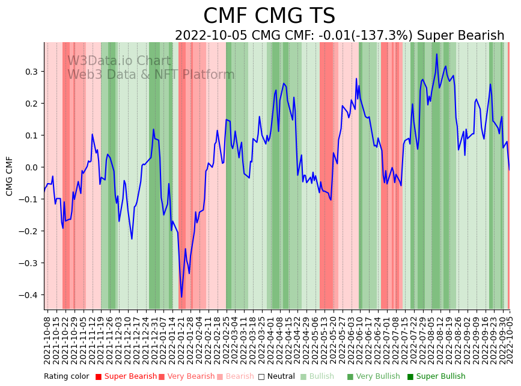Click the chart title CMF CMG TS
[x=269, y=16]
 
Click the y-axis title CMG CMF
[x=10, y=176]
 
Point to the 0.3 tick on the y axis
[x=32, y=72]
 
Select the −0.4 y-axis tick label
[x=29, y=295]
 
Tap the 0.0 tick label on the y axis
[x=32, y=167]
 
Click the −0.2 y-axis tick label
[x=29, y=231]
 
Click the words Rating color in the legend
[x=66, y=377]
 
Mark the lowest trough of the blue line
[x=181, y=297]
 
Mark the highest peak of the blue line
[x=437, y=54]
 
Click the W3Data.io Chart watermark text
[x=119, y=61]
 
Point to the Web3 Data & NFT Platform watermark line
[x=151, y=75]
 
